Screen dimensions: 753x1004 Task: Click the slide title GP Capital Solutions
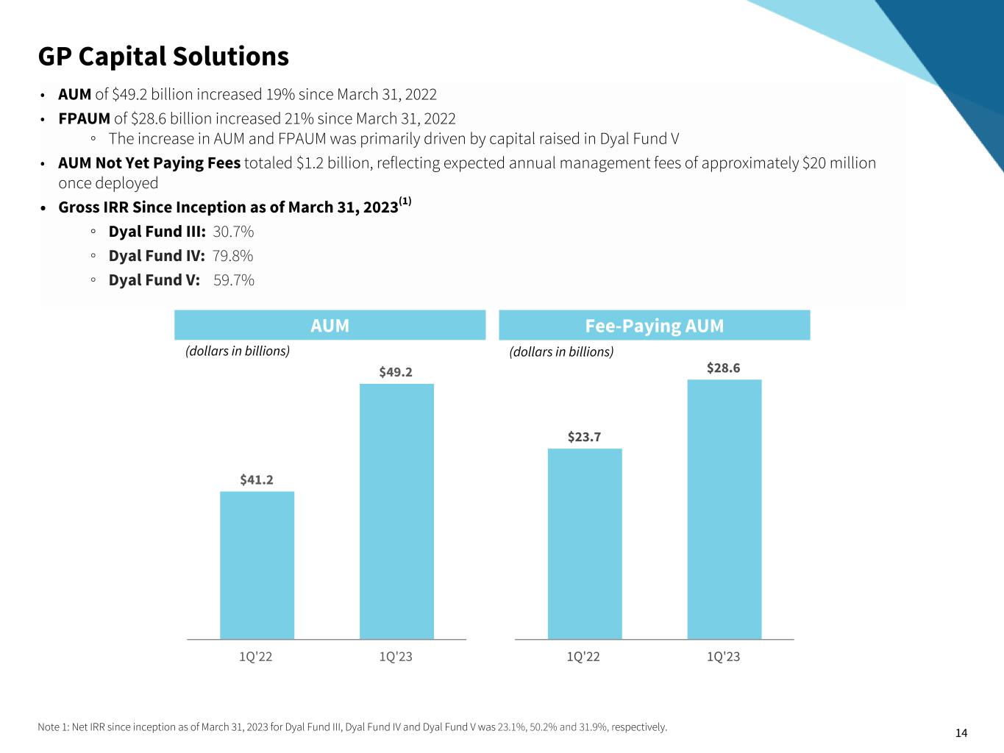coord(163,57)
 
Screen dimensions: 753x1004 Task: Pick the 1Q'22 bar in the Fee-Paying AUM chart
coord(585,543)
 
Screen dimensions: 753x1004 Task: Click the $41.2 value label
coord(257,479)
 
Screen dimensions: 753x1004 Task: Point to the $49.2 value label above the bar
coord(396,372)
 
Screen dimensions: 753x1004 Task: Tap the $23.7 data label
coord(584,437)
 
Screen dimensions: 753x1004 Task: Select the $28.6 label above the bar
coord(724,368)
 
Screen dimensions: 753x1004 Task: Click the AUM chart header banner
coord(330,325)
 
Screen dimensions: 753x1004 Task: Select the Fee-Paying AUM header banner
coord(654,325)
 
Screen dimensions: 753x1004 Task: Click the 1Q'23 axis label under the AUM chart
coord(396,657)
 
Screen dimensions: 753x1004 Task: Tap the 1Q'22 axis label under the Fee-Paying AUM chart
coord(583,657)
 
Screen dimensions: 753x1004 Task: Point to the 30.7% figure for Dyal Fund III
coord(233,232)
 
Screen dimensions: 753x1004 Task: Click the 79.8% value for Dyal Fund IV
coord(232,256)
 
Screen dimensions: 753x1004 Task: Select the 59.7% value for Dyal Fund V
coord(233,280)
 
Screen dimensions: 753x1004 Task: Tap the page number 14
coord(961,732)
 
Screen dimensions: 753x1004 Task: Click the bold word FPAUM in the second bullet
coord(85,118)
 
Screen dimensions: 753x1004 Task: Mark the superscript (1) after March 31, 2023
coord(405,201)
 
